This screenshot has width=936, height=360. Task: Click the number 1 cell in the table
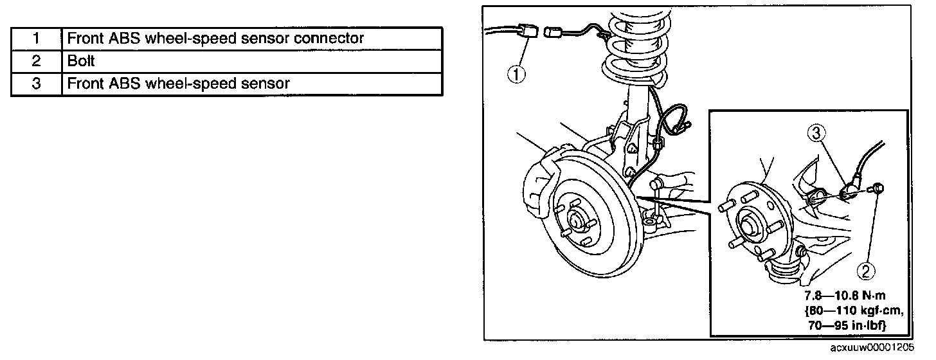(36, 39)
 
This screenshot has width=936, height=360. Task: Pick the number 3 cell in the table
(36, 84)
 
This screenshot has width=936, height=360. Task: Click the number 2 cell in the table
(36, 61)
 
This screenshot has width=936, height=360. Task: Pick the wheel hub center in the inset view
(749, 226)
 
